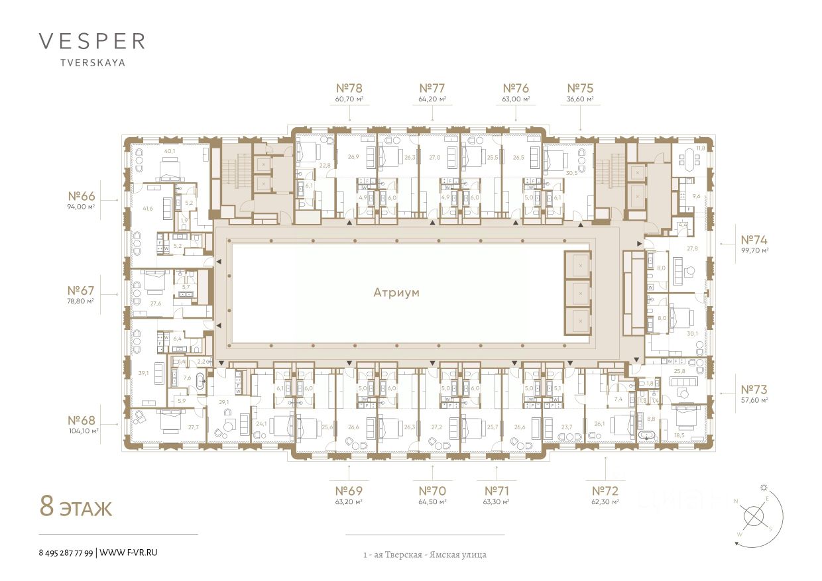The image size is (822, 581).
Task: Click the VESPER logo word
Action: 91,41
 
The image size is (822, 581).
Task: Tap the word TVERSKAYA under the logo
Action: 91,64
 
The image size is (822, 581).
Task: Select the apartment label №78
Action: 349,88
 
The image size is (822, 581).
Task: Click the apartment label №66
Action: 83,197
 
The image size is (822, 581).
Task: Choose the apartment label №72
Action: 605,491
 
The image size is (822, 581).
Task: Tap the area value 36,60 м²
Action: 580,99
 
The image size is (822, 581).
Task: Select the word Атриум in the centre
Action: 396,291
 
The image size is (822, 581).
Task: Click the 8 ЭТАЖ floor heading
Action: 76,508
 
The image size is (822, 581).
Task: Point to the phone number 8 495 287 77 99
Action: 66,552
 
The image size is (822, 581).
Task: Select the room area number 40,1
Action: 170,151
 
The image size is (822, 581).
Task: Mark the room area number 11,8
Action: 699,148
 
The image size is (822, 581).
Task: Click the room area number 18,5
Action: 679,435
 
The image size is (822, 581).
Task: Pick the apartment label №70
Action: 432,491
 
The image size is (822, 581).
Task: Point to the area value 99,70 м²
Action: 754,251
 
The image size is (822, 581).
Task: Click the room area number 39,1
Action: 143,374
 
